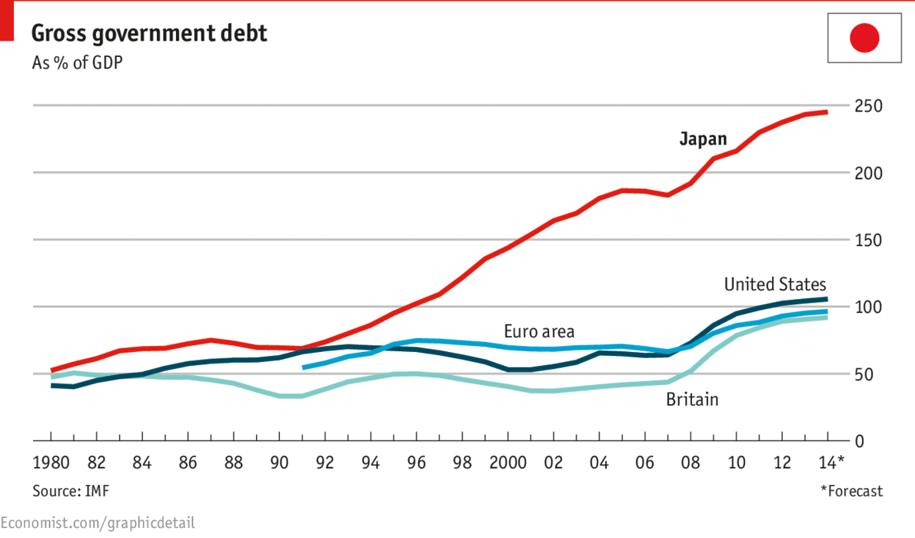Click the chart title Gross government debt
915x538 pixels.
(149, 33)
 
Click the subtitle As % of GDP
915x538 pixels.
(76, 63)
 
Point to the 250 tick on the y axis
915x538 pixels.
(868, 106)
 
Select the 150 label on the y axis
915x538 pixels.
(868, 241)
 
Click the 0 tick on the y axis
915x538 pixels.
(859, 441)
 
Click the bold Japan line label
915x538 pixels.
(703, 139)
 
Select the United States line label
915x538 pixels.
(775, 284)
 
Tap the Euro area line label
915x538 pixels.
(539, 332)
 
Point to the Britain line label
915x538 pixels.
(692, 399)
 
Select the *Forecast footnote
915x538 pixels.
(851, 491)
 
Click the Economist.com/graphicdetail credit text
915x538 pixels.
(98, 523)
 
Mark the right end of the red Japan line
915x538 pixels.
(827, 112)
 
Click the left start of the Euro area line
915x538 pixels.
(304, 367)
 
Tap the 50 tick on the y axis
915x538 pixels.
(863, 374)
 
